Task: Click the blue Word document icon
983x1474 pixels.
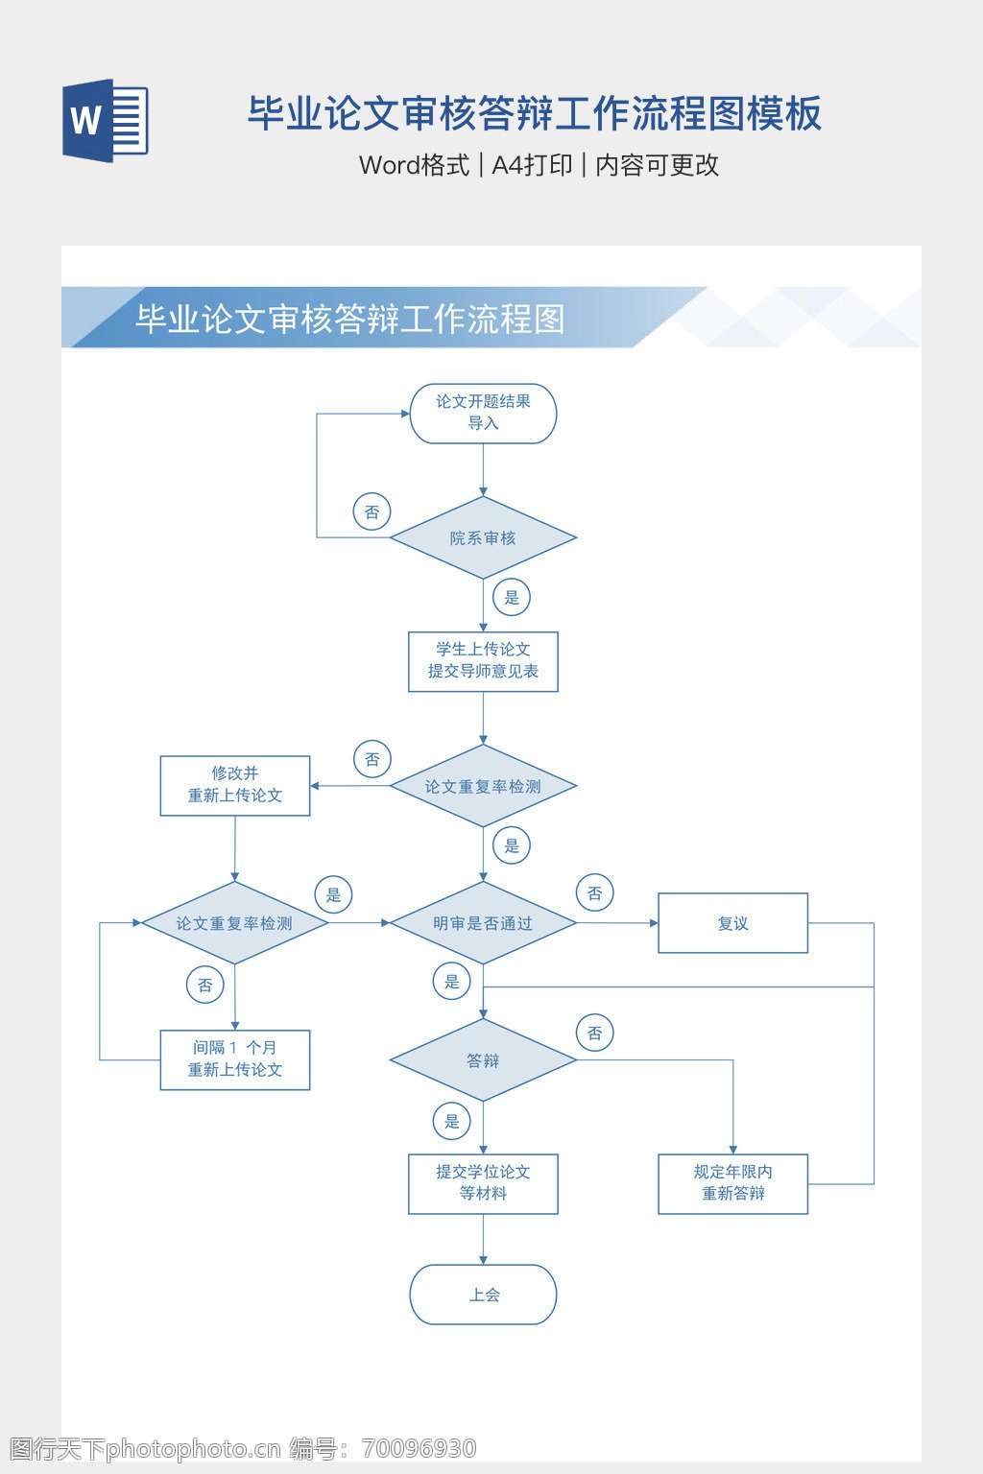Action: tap(106, 120)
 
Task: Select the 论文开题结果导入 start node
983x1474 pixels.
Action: tap(483, 414)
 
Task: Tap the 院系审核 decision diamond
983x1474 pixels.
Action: tap(483, 537)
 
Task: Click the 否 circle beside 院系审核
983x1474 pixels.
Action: tap(372, 511)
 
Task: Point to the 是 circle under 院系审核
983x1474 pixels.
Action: tap(512, 597)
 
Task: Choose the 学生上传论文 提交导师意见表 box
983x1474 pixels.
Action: tap(483, 661)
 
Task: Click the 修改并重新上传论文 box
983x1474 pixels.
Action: tap(235, 785)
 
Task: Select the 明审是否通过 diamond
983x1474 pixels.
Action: tap(483, 923)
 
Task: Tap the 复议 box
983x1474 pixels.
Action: tap(732, 923)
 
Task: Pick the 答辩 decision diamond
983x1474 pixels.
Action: tap(483, 1060)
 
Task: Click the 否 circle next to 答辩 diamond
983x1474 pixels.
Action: tap(595, 1033)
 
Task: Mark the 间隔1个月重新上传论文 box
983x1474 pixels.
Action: tap(235, 1059)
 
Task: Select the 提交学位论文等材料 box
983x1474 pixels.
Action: tap(483, 1183)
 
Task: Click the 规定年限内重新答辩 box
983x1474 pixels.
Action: tap(732, 1183)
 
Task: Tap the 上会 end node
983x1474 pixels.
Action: tap(483, 1295)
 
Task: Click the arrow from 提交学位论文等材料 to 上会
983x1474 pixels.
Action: tap(483, 1240)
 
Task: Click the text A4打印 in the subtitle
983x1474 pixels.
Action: tap(532, 165)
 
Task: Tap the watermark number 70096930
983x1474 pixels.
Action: tap(420, 1448)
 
